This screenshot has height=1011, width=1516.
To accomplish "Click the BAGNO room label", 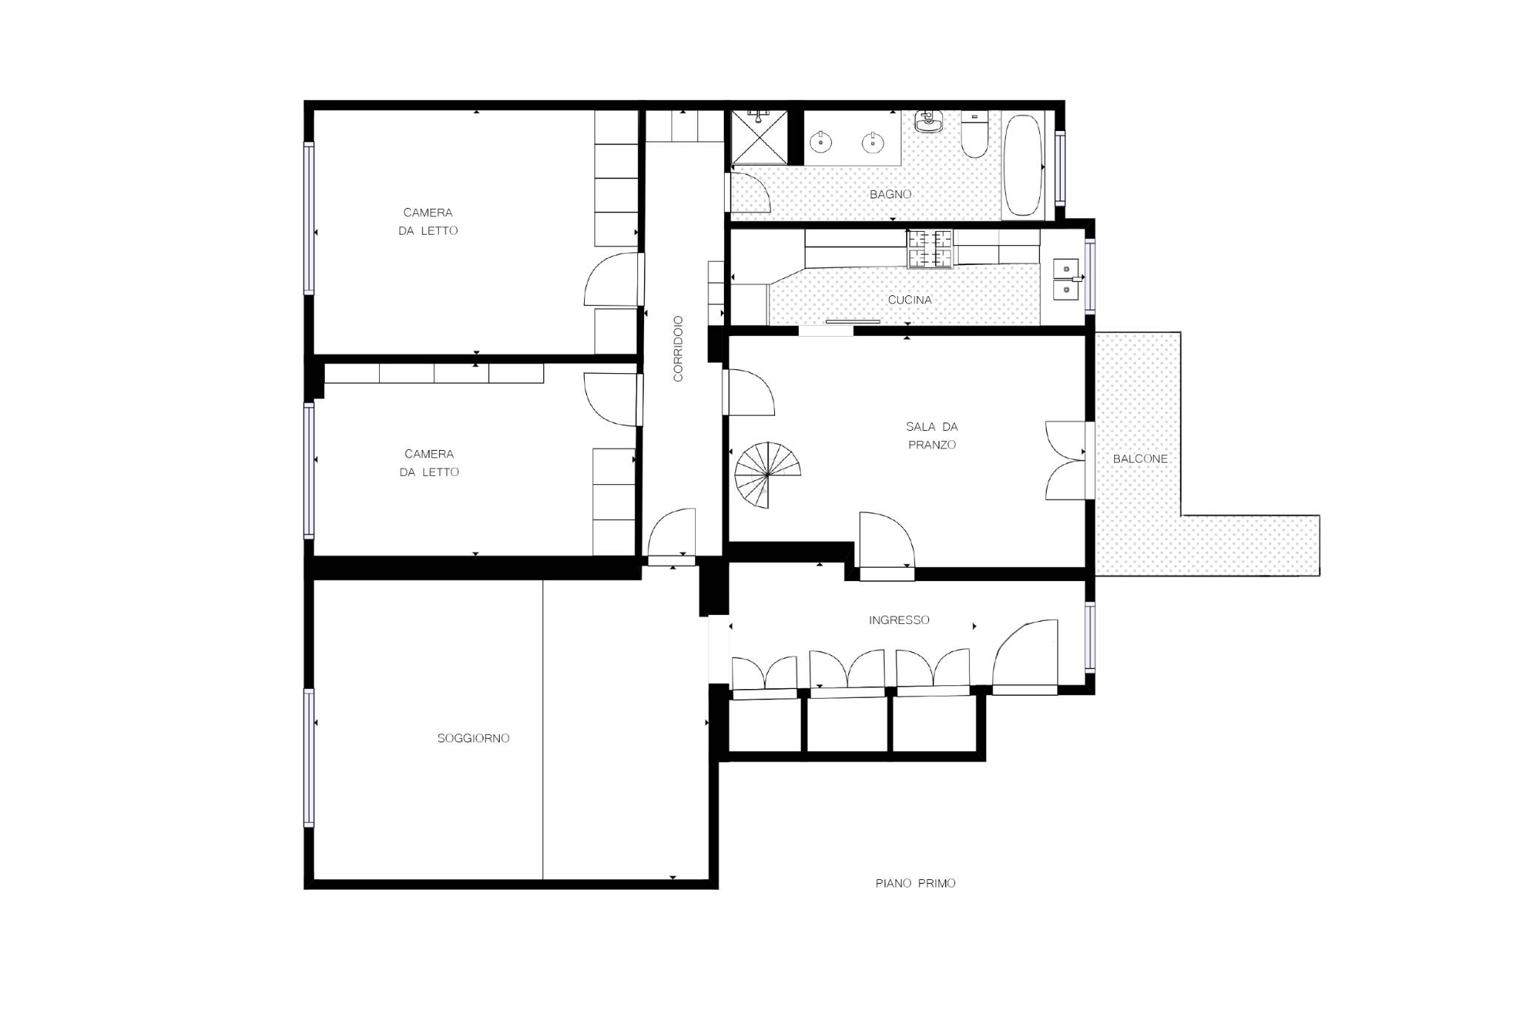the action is (891, 195).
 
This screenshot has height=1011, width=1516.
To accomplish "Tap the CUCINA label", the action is (910, 300).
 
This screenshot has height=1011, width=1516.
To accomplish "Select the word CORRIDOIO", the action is (678, 349).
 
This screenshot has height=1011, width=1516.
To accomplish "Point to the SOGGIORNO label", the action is (474, 739).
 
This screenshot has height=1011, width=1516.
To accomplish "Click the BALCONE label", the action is (1141, 459).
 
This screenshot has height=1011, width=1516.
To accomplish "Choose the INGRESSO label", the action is (899, 620).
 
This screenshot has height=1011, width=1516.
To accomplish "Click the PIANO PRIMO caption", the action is (916, 883).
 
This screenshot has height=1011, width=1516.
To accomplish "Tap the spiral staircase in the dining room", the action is (768, 475).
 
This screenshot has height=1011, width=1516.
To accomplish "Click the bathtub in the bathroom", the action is (1023, 166).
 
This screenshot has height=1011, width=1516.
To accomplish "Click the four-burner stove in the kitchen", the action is (930, 249).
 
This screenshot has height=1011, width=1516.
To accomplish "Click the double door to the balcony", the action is (1066, 460).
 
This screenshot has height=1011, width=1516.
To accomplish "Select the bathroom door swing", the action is (748, 192).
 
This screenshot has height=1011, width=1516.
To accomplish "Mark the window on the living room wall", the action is (309, 757).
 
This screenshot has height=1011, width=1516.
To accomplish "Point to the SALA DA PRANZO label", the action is (932, 436).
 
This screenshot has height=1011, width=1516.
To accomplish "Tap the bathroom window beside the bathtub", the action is (1060, 167).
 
